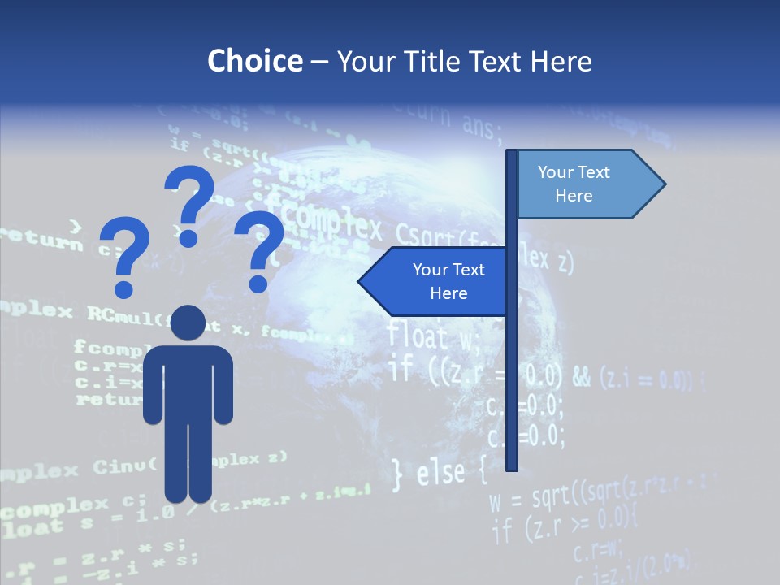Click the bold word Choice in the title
click(x=254, y=61)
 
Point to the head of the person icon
click(x=188, y=323)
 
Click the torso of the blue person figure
click(x=188, y=382)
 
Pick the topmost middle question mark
click(x=188, y=203)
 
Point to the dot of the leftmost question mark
click(x=123, y=288)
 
